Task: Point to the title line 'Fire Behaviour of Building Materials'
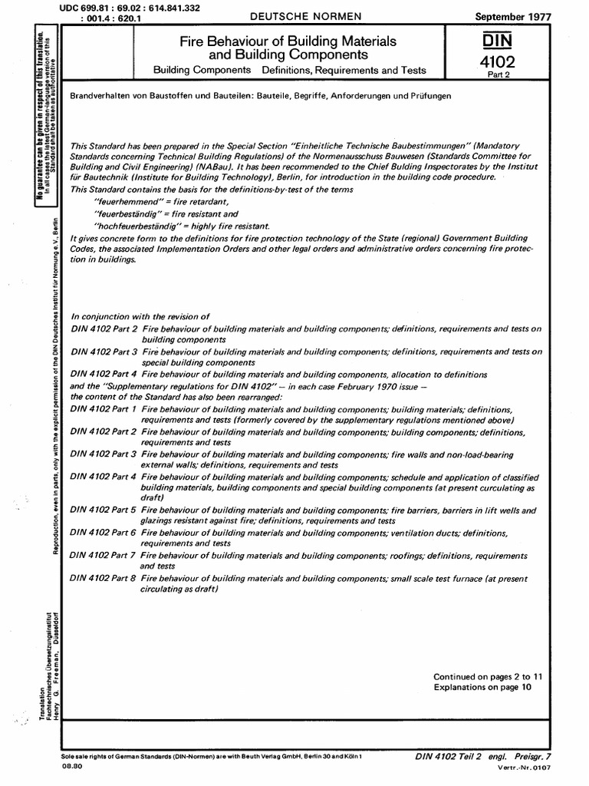point(288,41)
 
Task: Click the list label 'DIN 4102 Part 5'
point(103,510)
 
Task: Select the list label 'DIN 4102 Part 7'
point(103,553)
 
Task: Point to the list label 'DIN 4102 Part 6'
point(103,532)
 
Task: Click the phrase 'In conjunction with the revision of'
point(140,315)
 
